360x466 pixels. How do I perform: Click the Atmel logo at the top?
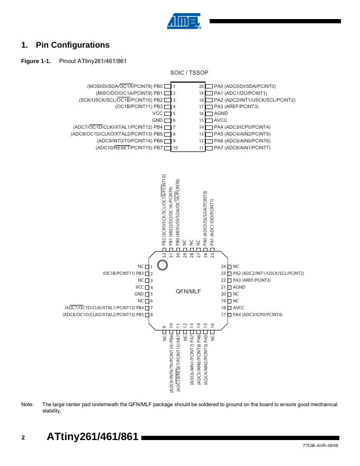point(184,21)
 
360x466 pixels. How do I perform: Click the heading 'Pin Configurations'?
point(73,45)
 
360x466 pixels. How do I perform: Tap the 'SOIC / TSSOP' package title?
point(189,73)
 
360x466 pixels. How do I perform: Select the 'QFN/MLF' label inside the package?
point(188,291)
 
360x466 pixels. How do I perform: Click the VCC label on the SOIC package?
point(157,113)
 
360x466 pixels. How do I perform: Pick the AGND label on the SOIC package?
point(221,113)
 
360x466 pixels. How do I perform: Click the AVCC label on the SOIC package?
point(221,120)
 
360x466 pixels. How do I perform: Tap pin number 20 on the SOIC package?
point(201,86)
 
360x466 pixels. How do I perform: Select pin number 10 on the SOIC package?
point(175,148)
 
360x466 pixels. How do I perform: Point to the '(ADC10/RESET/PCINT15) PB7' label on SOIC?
point(129,148)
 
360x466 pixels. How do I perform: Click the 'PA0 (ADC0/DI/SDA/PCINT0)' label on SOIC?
point(245,86)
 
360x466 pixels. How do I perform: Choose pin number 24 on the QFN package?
point(223,266)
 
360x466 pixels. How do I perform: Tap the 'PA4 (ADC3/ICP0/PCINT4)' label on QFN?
point(258,315)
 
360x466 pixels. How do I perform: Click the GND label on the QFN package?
point(139,294)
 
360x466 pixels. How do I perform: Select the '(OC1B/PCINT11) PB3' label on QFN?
point(123,273)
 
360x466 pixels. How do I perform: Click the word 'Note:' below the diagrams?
point(27,405)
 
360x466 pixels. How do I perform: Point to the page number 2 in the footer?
point(23,437)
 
